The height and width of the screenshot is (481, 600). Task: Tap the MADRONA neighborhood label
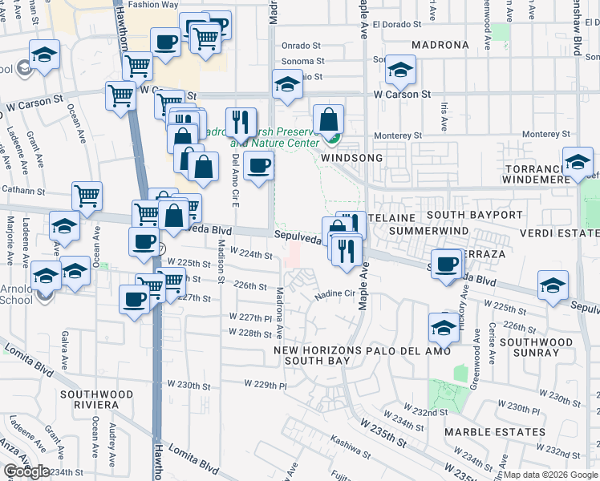click(x=441, y=45)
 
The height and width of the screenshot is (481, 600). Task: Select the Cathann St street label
click(x=36, y=191)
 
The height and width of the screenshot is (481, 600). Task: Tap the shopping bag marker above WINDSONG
click(x=328, y=120)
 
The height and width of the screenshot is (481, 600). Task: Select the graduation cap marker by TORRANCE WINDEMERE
click(x=578, y=163)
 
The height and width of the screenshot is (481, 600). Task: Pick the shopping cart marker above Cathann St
click(x=87, y=195)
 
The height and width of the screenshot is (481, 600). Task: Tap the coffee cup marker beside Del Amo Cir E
click(x=258, y=166)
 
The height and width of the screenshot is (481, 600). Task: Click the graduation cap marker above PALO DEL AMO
click(x=444, y=325)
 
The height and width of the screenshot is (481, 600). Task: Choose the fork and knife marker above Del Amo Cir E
click(x=241, y=123)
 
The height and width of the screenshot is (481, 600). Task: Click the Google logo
click(x=27, y=472)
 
